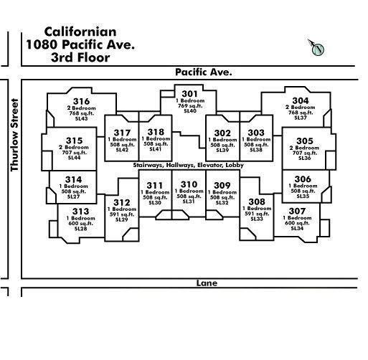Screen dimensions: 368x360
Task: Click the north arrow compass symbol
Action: (317, 48)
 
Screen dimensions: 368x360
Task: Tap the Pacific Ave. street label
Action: (204, 72)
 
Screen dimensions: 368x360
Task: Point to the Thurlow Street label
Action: (14, 135)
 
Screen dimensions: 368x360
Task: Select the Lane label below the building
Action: (207, 283)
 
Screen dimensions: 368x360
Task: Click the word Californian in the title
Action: (80, 32)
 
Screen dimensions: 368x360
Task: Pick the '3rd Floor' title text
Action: (80, 57)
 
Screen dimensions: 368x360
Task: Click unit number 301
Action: (189, 94)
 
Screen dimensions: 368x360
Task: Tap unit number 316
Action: (81, 101)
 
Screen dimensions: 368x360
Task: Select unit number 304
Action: (301, 100)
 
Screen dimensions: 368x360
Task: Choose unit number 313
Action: (80, 212)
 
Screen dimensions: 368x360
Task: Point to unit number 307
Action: (297, 211)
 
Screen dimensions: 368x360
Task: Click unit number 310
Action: (189, 184)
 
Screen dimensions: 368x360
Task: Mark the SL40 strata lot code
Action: (190, 111)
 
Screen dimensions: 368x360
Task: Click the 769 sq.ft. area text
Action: (190, 105)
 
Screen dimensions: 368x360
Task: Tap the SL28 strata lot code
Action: (80, 229)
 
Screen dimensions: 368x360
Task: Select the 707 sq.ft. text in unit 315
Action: (75, 153)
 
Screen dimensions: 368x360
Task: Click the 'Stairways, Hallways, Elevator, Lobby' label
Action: (188, 165)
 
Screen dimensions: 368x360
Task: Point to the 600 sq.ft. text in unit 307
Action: (297, 223)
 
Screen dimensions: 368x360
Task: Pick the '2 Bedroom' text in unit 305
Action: (304, 148)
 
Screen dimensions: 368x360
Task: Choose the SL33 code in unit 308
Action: (257, 219)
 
